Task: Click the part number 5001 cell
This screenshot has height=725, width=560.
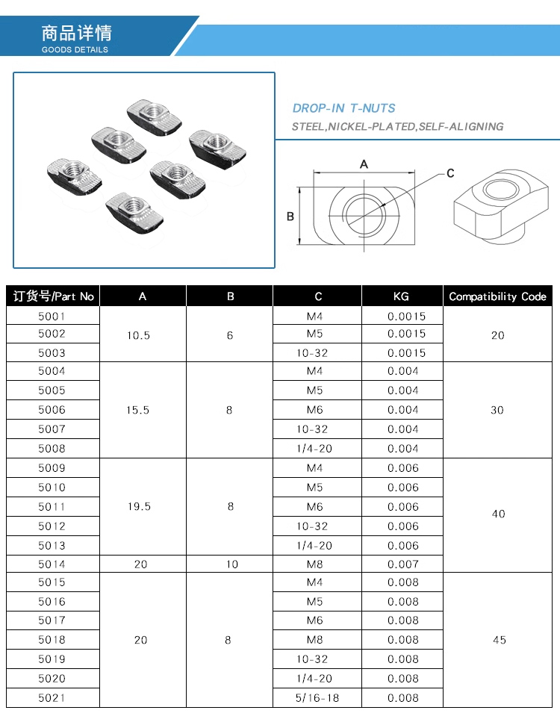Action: [52, 316]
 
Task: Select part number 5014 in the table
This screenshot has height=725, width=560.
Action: [52, 564]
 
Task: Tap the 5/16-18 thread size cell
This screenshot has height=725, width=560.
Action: [317, 698]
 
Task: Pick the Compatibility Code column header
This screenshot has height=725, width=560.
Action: [497, 296]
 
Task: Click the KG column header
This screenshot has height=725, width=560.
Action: [401, 296]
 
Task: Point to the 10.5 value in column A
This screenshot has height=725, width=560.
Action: [138, 335]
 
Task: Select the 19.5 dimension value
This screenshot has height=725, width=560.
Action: [139, 506]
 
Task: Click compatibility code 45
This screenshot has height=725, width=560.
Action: [499, 640]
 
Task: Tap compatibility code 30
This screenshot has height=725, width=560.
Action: [497, 410]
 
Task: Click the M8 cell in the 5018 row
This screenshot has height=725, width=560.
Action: [314, 640]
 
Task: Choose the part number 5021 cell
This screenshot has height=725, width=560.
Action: [52, 698]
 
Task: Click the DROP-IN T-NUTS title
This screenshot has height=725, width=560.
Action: [343, 108]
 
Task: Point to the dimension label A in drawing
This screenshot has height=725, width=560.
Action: [364, 164]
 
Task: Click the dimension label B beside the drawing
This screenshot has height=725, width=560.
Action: [290, 217]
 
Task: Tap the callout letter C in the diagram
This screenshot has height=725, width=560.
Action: [450, 174]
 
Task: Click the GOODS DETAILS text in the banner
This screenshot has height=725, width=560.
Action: [75, 50]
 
